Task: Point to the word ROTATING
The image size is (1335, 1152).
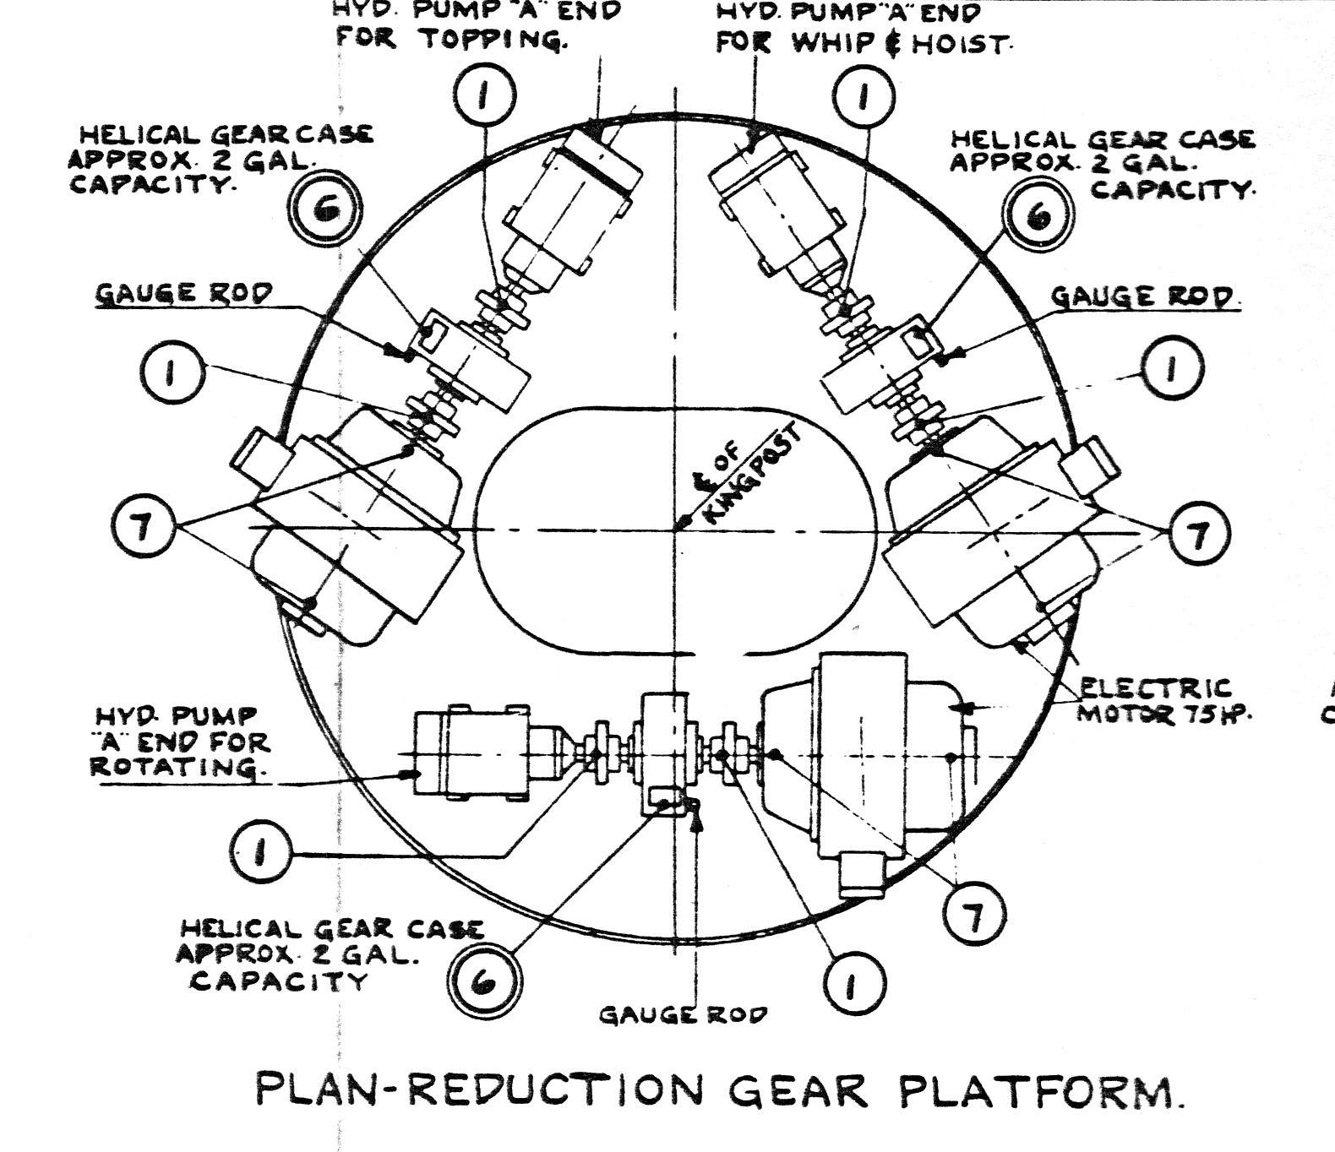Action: (174, 767)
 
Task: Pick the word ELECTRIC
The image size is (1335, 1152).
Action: (1155, 687)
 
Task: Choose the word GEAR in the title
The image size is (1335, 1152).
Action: (798, 1090)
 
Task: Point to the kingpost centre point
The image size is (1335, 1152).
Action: (675, 530)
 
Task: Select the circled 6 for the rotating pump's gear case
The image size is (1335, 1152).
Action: (484, 982)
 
